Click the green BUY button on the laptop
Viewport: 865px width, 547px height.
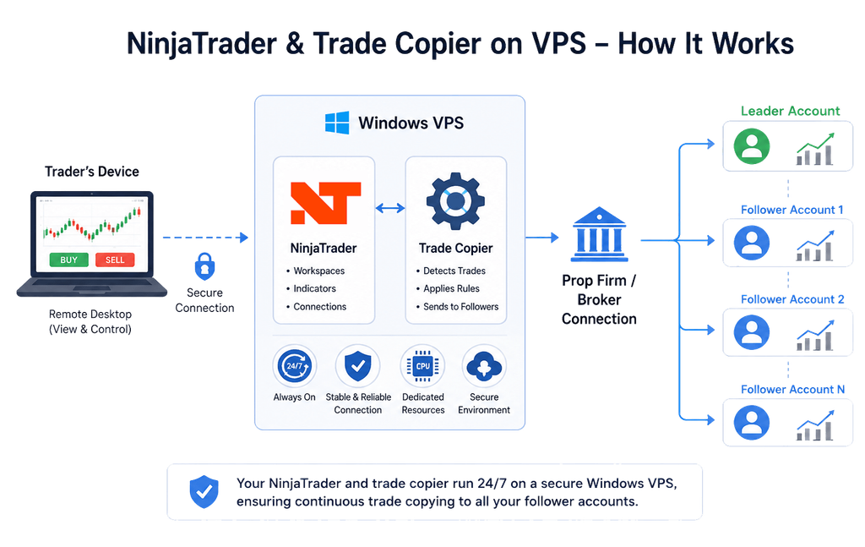click(x=69, y=260)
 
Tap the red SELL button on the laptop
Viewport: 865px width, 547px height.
click(x=115, y=260)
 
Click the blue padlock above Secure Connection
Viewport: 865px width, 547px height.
click(x=204, y=266)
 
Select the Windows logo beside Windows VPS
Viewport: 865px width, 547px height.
click(x=337, y=123)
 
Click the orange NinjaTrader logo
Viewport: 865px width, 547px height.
click(x=325, y=203)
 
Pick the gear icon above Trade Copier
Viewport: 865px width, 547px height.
click(x=455, y=201)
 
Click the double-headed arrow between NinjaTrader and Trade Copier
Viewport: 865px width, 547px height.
click(x=390, y=208)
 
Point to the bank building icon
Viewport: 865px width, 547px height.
click(x=599, y=234)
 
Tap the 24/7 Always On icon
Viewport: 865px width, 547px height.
click(x=295, y=366)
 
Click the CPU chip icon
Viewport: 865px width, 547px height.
click(x=422, y=366)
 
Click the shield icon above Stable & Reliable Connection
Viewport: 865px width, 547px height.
click(x=357, y=366)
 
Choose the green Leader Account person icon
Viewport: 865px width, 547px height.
click(x=751, y=146)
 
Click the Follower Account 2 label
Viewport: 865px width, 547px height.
click(x=792, y=299)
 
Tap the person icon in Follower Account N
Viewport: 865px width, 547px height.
click(x=751, y=422)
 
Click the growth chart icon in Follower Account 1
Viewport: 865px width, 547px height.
click(x=815, y=246)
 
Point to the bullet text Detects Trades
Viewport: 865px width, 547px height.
click(x=454, y=271)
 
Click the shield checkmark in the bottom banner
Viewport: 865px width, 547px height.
click(x=204, y=491)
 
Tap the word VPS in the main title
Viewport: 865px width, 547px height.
click(x=559, y=43)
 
